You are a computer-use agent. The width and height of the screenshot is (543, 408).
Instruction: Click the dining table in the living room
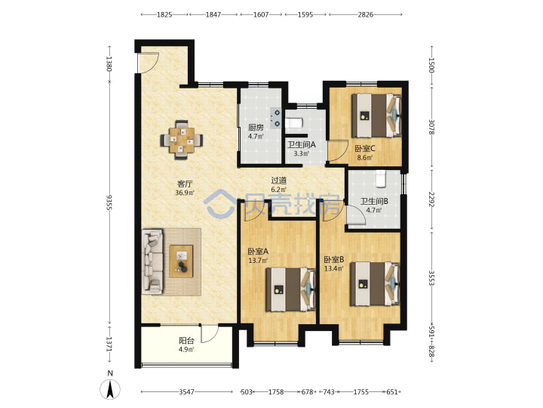click(182, 141)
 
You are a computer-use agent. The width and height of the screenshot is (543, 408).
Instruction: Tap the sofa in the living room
click(152, 261)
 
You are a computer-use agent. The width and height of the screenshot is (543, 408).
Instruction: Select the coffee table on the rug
click(181, 261)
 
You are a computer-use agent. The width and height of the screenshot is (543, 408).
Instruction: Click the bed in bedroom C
click(376, 115)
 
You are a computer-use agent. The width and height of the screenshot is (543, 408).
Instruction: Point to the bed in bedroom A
click(290, 289)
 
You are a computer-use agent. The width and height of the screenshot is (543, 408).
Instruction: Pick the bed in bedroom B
click(375, 284)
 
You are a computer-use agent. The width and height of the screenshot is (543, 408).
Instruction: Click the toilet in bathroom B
click(381, 178)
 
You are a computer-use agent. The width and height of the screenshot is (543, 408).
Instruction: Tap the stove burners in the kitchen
click(276, 118)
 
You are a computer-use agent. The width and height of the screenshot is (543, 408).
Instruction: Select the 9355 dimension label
click(109, 202)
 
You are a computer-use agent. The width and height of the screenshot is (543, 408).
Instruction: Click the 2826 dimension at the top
click(365, 14)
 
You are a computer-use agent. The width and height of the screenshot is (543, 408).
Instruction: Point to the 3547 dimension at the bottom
click(187, 391)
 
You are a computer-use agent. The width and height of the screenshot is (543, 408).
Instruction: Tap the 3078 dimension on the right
click(431, 127)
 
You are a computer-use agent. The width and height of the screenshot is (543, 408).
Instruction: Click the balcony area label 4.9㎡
click(186, 349)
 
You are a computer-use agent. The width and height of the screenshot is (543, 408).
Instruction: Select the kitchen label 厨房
click(256, 128)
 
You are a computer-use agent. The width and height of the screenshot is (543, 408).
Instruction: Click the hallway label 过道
click(279, 181)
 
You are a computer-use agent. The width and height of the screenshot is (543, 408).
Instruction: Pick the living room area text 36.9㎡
click(185, 193)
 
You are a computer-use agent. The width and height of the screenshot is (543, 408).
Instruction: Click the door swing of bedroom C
click(338, 151)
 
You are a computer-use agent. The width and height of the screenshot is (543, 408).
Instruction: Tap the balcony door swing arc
click(210, 334)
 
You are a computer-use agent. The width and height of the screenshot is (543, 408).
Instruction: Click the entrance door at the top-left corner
click(148, 63)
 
